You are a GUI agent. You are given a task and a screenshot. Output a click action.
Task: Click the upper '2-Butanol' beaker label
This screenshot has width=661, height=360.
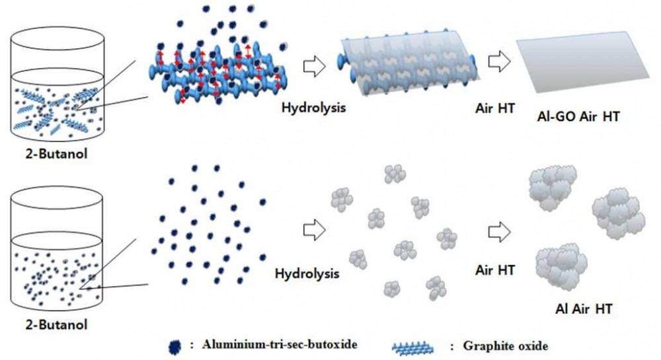pyautogui.click(x=56, y=154)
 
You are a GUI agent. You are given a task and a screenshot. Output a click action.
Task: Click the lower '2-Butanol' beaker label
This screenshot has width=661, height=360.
pyautogui.click(x=56, y=324)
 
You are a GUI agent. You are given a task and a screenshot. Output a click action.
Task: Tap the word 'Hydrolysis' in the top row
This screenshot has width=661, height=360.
pyautogui.click(x=313, y=108)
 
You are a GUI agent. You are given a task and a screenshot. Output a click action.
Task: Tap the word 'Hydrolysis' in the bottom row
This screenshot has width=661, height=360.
pyautogui.click(x=307, y=273)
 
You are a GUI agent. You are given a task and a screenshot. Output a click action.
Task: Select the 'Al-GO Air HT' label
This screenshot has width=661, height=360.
pyautogui.click(x=578, y=117)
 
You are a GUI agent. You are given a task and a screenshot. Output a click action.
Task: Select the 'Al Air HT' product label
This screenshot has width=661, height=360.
pyautogui.click(x=584, y=309)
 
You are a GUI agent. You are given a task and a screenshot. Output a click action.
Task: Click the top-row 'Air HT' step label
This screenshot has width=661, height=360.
pyautogui.click(x=495, y=108)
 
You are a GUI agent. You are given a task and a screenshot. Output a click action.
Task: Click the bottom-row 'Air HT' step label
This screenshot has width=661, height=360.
pyautogui.click(x=495, y=270)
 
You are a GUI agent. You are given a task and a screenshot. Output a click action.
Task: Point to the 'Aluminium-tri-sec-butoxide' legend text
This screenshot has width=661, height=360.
pyautogui.click(x=280, y=344)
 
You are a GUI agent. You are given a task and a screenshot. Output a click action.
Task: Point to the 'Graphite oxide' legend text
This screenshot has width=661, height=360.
pyautogui.click(x=506, y=346)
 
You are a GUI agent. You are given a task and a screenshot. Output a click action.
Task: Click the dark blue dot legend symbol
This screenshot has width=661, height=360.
pyautogui.click(x=175, y=347)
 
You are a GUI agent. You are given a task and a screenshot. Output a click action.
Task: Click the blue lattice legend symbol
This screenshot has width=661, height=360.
pyautogui.click(x=412, y=348)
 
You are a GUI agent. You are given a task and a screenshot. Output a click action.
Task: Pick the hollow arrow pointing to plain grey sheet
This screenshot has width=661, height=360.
pyautogui.click(x=499, y=61)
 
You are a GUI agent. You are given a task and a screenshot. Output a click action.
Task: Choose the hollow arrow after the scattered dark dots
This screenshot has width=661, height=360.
pyautogui.click(x=314, y=230)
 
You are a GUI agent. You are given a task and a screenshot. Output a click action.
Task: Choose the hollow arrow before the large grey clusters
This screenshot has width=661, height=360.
pyautogui.click(x=499, y=232)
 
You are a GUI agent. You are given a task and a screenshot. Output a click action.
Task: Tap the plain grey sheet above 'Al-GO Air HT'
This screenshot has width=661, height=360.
pyautogui.click(x=583, y=61)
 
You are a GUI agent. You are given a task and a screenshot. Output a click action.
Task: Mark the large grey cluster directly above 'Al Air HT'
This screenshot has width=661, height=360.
pyautogui.click(x=561, y=266)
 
